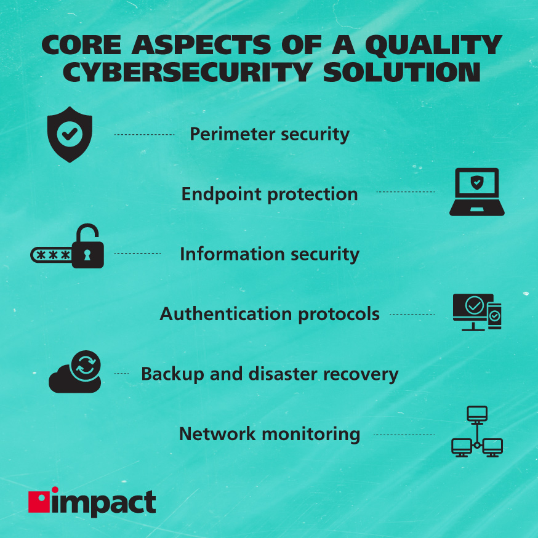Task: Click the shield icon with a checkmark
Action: point(70,134)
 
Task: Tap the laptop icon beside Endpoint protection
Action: point(476,192)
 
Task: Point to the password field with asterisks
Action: point(51,254)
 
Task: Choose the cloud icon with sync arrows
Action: point(75,373)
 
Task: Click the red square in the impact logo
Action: point(38,502)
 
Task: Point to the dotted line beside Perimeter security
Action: point(145,134)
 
